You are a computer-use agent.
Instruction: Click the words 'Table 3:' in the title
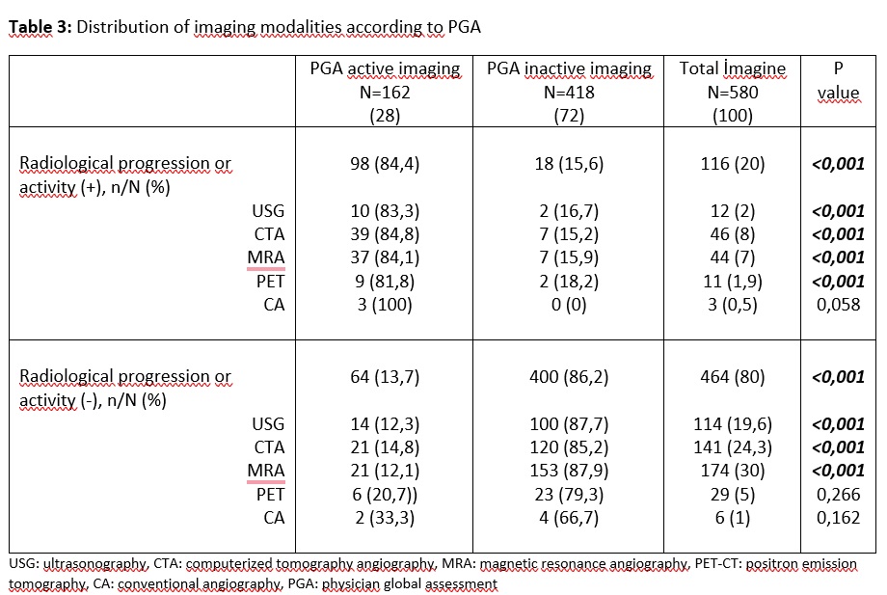coord(40,27)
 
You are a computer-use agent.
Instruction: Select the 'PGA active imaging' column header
coord(385,69)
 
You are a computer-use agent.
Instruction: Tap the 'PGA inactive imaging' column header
coord(569,69)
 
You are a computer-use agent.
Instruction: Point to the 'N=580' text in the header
coord(733,93)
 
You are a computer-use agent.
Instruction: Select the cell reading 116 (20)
coord(733,164)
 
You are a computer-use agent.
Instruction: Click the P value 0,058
coord(839,305)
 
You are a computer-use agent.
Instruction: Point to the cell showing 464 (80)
coord(733,377)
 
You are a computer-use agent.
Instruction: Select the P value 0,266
coord(839,494)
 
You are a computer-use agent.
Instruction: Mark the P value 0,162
coord(839,518)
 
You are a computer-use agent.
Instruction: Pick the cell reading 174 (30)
coord(733,471)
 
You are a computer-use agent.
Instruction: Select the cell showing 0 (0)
coord(569,305)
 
